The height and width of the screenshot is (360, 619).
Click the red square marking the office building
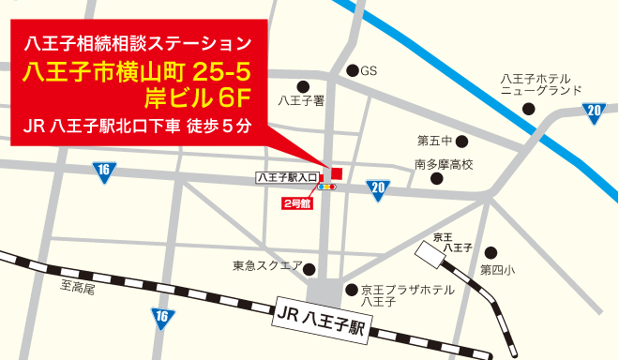pos(337,172)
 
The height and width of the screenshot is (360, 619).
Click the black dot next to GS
pos(352,70)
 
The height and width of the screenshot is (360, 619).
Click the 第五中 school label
pos(434,141)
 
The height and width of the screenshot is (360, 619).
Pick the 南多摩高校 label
pos(444,164)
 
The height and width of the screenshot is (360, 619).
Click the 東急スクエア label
pos(267,265)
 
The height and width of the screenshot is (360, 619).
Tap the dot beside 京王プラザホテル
pos(351,290)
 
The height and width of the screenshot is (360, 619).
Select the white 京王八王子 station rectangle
pos(432,253)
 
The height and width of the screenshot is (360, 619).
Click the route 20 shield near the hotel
pos(594,112)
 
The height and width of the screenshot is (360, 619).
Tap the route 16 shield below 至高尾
pos(162,317)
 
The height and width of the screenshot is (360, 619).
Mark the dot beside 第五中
pos(461,141)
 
